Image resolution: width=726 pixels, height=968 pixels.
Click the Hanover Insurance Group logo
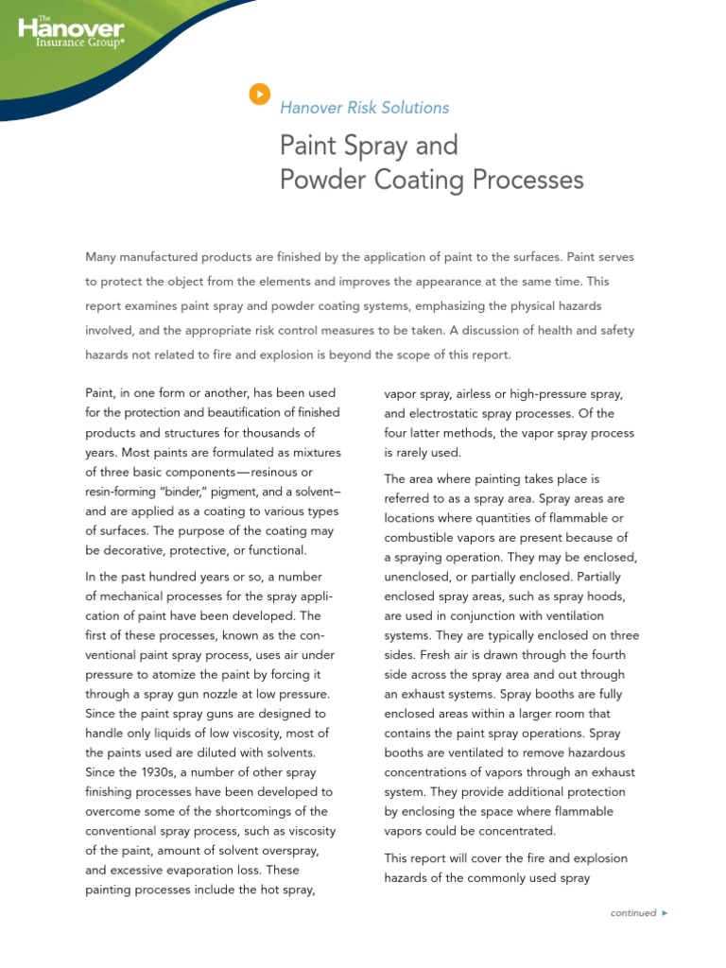pyautogui.click(x=71, y=32)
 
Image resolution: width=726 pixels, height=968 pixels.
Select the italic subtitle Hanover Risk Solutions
pyautogui.click(x=364, y=108)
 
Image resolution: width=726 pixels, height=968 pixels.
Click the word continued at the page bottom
pyautogui.click(x=632, y=913)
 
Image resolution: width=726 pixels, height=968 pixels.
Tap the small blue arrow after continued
pyautogui.click(x=665, y=913)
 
